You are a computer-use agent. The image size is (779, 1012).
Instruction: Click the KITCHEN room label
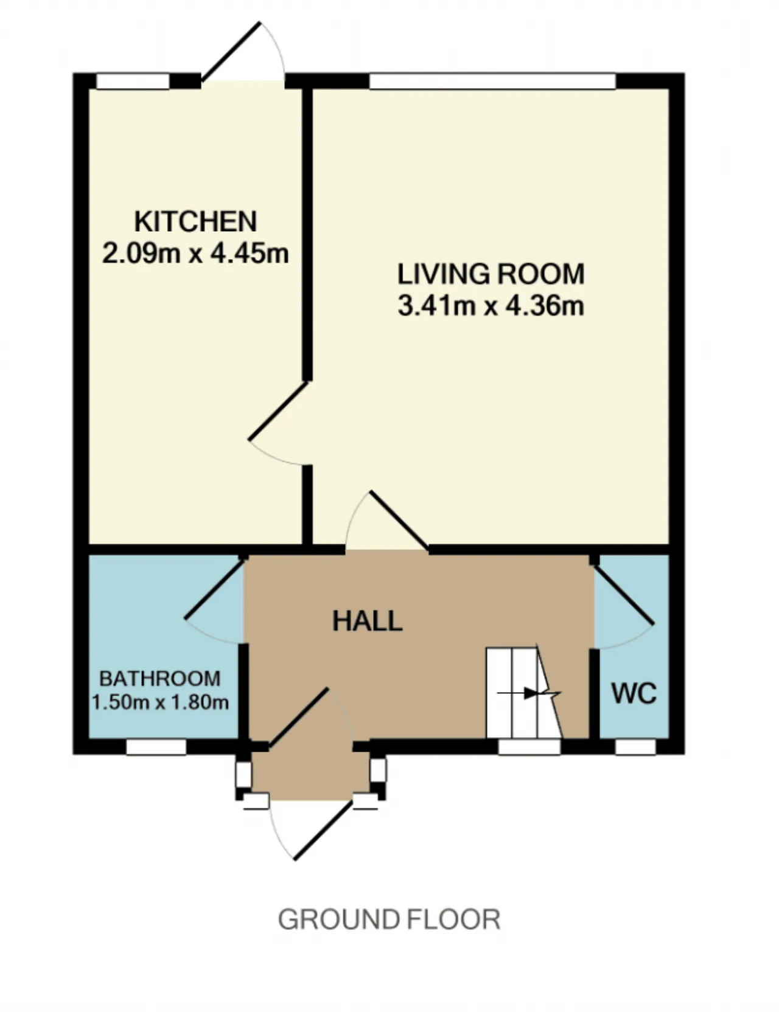coord(195,221)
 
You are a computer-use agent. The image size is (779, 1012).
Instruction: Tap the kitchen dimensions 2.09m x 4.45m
coord(195,253)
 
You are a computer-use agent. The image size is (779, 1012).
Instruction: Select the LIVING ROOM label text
coord(491,274)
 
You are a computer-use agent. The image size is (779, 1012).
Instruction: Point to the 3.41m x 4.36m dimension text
coord(491,305)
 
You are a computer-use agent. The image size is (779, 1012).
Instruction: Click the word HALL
coord(368,621)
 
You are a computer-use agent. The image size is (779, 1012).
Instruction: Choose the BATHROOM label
coord(160,678)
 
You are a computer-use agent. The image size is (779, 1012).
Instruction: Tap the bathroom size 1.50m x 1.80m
coord(160,702)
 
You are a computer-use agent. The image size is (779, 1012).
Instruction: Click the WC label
coord(634,693)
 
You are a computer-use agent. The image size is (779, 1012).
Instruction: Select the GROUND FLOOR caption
coord(389,920)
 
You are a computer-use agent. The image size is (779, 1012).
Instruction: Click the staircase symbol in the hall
coord(523,693)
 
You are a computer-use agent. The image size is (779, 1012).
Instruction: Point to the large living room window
coord(492,81)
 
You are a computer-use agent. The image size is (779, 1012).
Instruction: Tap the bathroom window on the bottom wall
coord(156,747)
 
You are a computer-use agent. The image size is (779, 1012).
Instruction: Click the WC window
coord(635,747)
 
